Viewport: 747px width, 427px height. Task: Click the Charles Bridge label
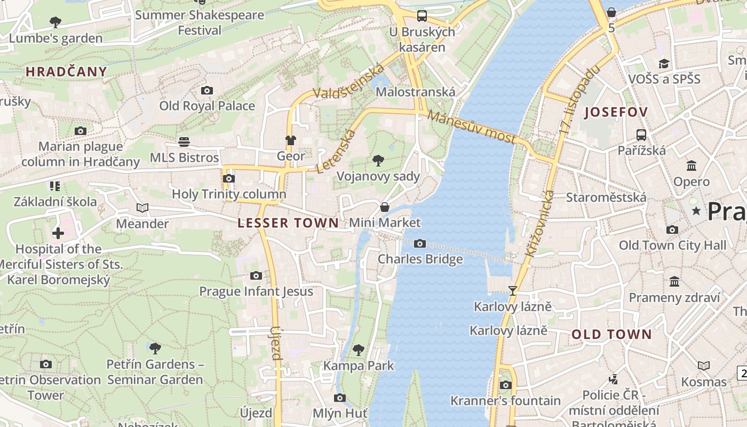420,259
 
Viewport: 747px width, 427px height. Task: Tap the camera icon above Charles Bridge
420,244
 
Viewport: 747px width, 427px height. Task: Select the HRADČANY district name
66,72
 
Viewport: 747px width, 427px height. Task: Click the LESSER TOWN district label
288,223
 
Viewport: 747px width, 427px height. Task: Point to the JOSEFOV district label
616,112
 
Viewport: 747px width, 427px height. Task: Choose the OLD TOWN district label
611,335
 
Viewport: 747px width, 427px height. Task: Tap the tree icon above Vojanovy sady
378,160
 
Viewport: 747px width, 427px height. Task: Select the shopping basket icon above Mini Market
385,207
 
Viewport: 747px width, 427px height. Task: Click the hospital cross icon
58,233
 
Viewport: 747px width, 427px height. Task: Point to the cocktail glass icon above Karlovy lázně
513,291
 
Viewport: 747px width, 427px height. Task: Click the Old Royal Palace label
207,106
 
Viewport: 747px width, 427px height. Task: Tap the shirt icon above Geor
290,140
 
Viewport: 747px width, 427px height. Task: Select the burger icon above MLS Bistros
184,142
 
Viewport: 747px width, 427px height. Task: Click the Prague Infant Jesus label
256,291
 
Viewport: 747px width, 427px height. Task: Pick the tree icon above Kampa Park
359,350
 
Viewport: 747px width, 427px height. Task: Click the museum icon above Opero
692,166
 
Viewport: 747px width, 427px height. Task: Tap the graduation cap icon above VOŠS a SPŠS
664,64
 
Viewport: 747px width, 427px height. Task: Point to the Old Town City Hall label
672,246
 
